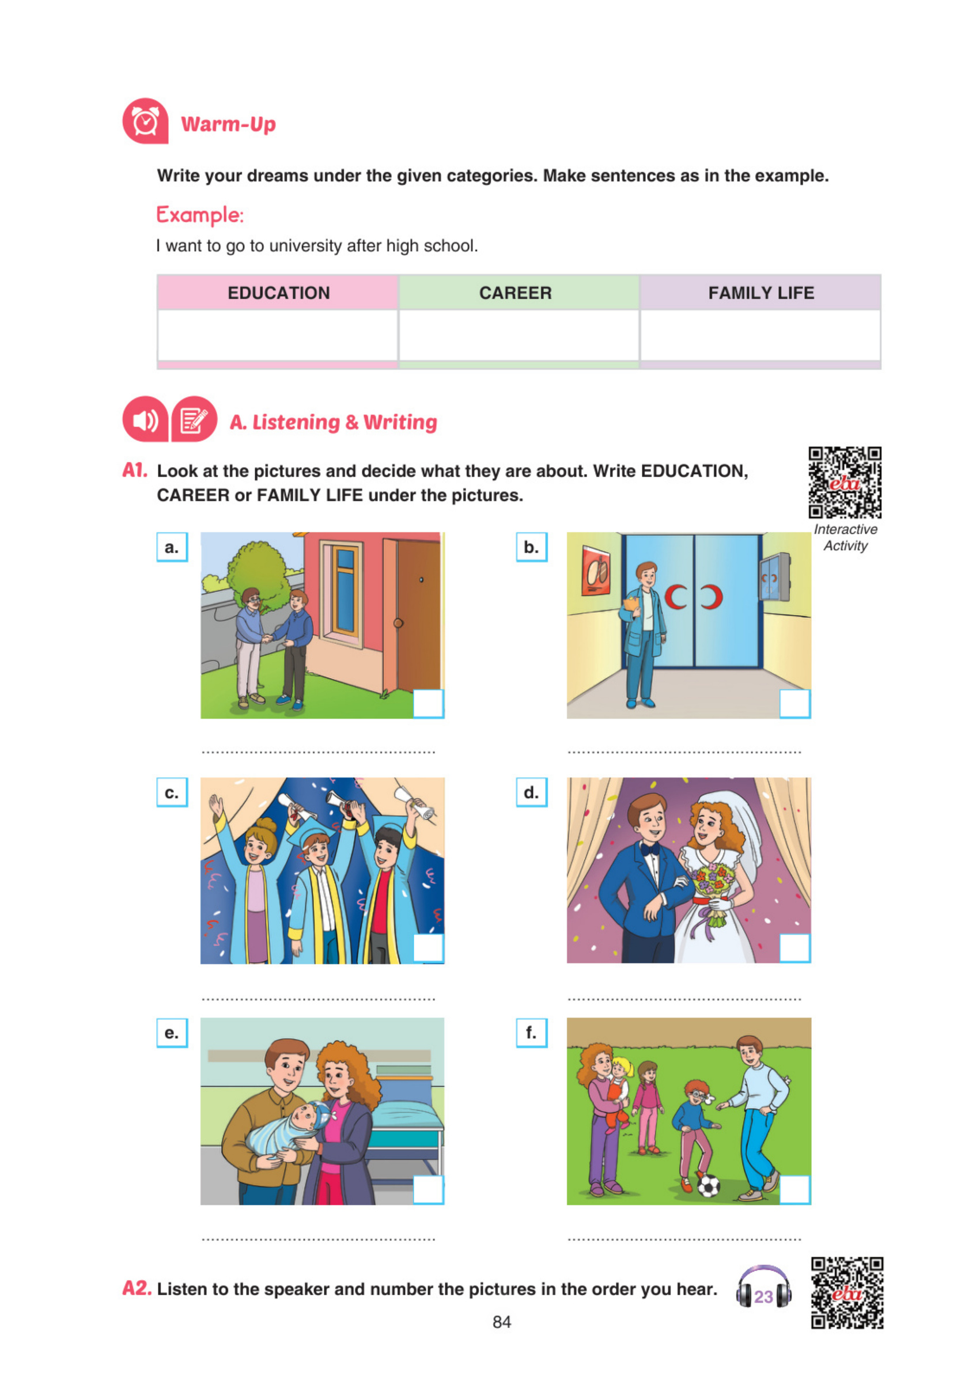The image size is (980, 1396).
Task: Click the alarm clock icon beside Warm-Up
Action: coord(145,121)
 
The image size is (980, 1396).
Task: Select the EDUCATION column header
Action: coord(278,293)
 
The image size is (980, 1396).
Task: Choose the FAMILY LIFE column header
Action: coord(760,293)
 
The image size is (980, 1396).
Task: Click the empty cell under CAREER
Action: coord(519,335)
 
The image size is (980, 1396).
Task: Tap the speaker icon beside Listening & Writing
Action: coord(145,419)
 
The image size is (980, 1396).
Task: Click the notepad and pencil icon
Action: coord(194,419)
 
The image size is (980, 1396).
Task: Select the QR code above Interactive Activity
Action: coord(845,482)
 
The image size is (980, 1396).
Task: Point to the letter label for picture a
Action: coord(172,547)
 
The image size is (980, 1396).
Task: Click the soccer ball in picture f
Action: coord(709,1186)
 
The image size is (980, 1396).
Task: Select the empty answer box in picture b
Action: coord(795,704)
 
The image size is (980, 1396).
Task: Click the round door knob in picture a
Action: coord(399,623)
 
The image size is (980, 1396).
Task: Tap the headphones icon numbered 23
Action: coord(763,1289)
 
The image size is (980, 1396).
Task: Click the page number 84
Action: coord(502,1322)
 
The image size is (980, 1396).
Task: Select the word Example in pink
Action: coord(200,215)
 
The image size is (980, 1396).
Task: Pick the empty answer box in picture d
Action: coord(795,948)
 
